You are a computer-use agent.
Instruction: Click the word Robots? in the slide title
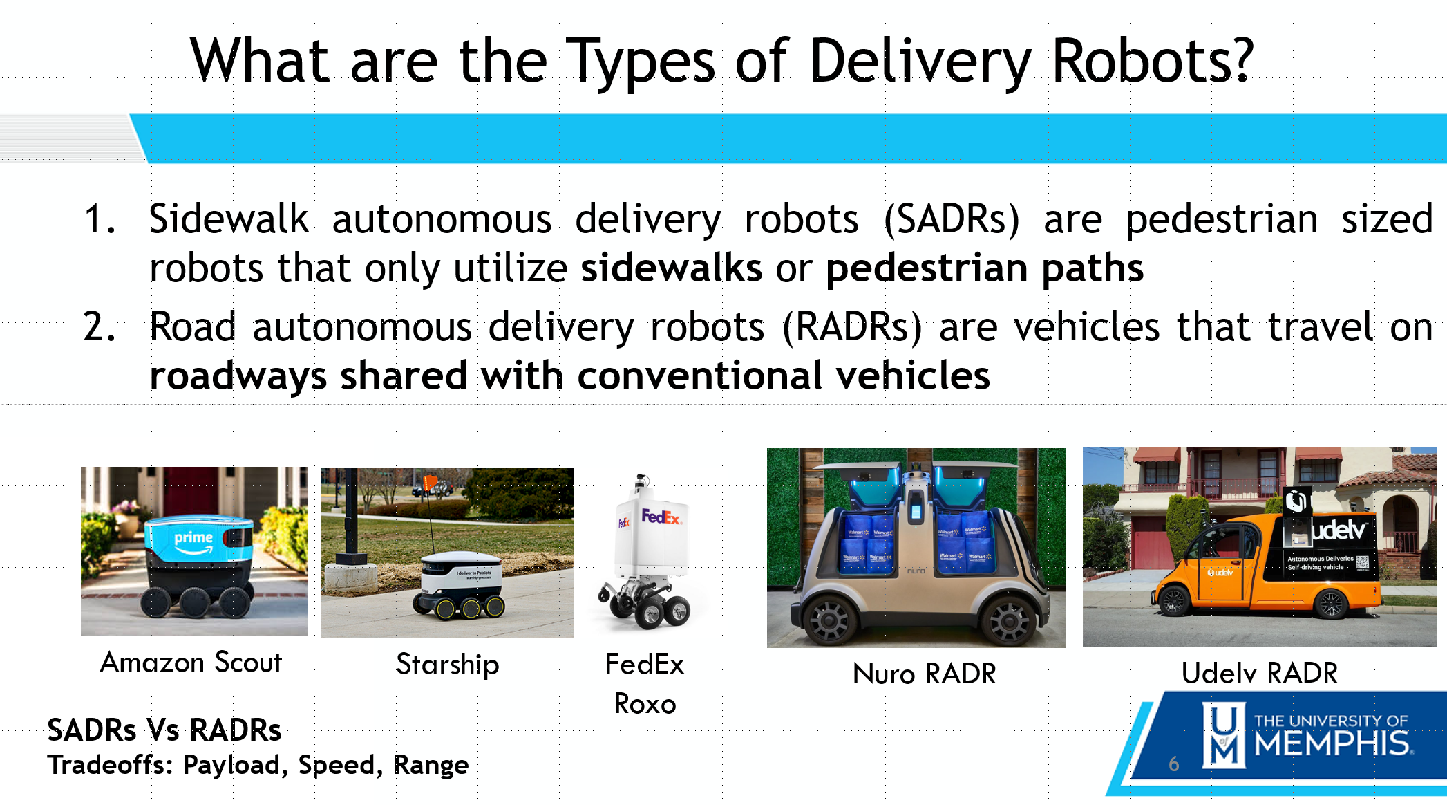pos(1152,61)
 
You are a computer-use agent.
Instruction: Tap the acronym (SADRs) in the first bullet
pos(952,220)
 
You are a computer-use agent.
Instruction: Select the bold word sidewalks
pos(671,268)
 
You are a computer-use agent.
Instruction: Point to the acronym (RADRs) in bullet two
pos(852,327)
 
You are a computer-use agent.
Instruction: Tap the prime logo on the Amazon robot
pos(193,540)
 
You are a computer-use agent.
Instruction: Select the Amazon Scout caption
pos(191,662)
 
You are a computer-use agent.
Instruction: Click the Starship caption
pos(448,665)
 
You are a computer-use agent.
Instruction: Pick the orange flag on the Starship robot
pos(430,482)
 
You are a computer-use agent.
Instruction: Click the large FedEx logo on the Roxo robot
pos(661,517)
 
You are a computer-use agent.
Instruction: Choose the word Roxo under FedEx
pos(645,704)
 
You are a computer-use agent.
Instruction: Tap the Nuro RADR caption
pos(925,674)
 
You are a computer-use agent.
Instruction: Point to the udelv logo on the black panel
pos(1339,530)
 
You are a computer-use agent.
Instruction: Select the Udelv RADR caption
pos(1260,673)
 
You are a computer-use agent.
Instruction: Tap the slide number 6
pos(1173,764)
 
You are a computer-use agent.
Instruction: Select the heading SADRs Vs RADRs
pos(164,730)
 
